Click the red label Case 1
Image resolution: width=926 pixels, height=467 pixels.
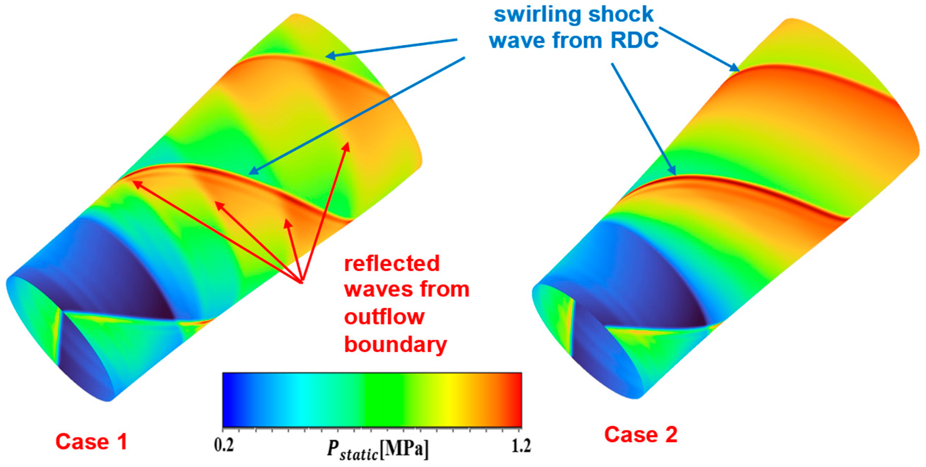pyautogui.click(x=91, y=441)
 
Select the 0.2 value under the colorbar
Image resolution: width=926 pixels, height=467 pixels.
pyautogui.click(x=224, y=446)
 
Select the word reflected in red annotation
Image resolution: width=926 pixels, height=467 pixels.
pyautogui.click(x=392, y=263)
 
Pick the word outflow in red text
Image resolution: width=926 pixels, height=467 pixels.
pyautogui.click(x=384, y=317)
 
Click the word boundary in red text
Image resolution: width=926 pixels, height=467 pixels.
pyautogui.click(x=396, y=344)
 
